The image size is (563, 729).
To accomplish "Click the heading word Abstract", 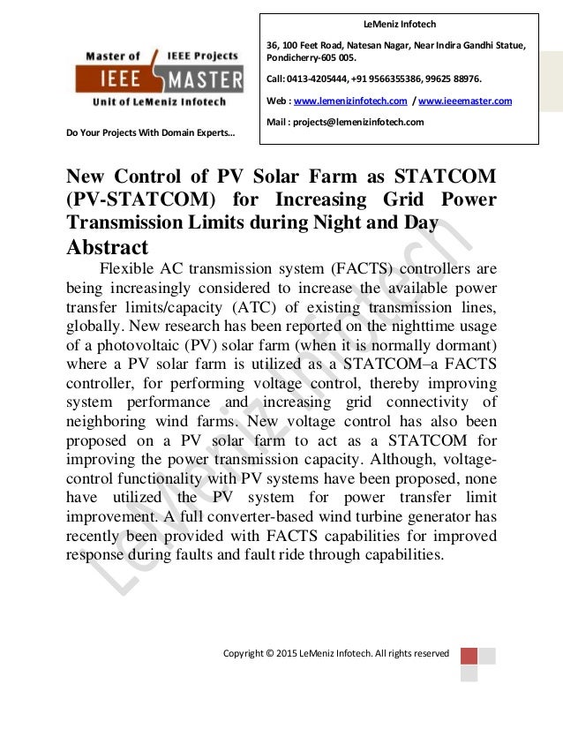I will [108, 246].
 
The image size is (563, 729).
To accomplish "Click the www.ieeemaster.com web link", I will [468, 101].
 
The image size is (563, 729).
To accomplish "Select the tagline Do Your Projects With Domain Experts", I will [151, 134].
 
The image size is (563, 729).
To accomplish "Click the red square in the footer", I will [469, 656].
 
